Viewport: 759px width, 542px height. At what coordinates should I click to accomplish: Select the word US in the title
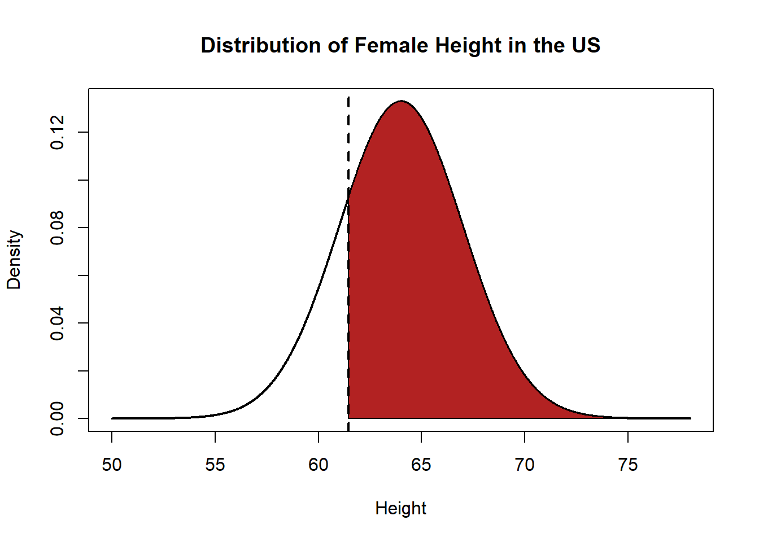(x=586, y=46)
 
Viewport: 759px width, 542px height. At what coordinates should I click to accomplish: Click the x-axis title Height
(x=400, y=509)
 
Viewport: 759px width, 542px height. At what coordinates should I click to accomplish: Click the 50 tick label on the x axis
(x=112, y=465)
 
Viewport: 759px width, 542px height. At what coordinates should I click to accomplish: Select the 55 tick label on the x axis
(x=215, y=465)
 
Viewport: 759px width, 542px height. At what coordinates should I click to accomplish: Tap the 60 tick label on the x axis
(x=319, y=465)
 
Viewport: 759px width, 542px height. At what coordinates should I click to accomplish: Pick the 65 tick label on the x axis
(x=421, y=465)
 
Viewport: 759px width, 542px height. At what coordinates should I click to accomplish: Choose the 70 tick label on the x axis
(x=525, y=465)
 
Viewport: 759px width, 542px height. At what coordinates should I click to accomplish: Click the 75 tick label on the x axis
(x=628, y=465)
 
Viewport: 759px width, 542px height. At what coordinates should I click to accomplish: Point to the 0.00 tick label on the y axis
(x=57, y=418)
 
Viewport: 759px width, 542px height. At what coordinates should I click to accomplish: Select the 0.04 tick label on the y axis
(x=57, y=323)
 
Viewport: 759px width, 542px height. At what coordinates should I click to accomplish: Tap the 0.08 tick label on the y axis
(x=57, y=228)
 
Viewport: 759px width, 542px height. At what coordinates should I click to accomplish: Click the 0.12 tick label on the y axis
(x=57, y=132)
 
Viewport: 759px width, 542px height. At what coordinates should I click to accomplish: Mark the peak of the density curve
(x=401, y=101)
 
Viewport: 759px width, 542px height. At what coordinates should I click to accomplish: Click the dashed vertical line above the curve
(x=348, y=141)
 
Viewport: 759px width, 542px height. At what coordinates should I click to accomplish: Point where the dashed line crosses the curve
(x=348, y=195)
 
